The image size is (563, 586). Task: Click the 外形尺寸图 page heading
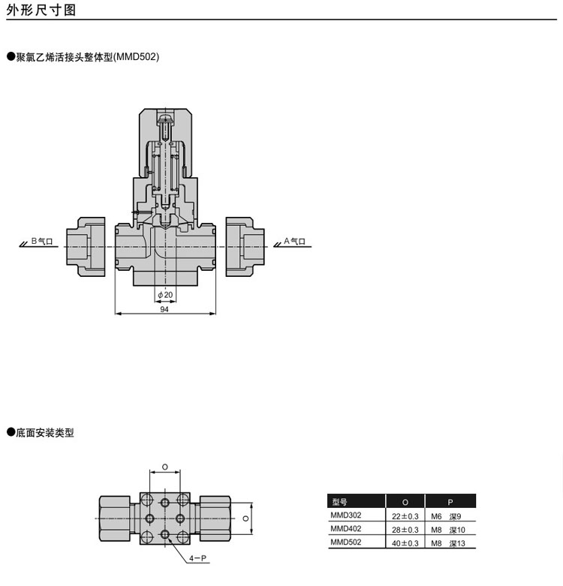41,10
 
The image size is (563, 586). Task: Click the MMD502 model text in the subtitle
137,57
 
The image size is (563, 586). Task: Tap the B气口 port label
42,241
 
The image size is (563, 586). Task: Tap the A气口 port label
294,241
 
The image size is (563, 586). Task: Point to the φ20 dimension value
165,295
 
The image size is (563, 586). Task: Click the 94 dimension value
164,309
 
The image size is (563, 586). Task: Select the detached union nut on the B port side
86,247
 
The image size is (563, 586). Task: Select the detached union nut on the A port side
245,247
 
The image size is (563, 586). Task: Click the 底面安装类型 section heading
45,433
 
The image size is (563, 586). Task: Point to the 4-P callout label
197,558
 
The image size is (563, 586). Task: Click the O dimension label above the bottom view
165,467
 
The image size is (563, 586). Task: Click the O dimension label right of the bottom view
245,518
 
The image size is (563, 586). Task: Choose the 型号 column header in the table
339,502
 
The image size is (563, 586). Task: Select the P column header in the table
450,502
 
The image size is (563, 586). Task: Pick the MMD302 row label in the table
346,515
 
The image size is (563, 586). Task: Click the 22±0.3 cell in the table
405,516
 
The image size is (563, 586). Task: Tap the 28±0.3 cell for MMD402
405,530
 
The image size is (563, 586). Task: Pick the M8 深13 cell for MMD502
448,543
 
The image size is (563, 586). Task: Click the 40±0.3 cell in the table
405,543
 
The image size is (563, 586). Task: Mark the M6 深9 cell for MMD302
446,516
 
